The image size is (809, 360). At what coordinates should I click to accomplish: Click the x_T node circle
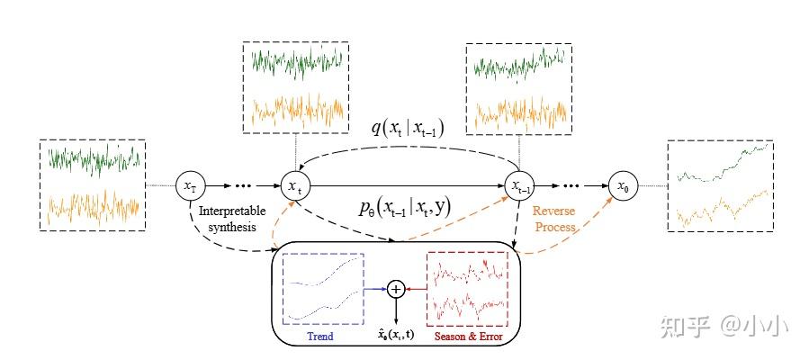pos(190,186)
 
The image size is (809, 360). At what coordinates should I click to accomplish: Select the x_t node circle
pos(294,186)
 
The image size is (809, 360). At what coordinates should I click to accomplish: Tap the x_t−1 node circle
pos(519,186)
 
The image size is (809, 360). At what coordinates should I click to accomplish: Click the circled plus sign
pos(396,289)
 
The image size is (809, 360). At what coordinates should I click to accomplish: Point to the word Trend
pos(319,337)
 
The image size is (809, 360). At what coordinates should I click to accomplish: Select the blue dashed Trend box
pos(322,289)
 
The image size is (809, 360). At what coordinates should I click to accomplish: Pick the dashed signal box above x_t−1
pos(518,89)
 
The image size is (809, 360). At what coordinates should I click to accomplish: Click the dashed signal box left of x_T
pos(93,185)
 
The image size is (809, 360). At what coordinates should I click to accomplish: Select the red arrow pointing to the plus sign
pos(416,289)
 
